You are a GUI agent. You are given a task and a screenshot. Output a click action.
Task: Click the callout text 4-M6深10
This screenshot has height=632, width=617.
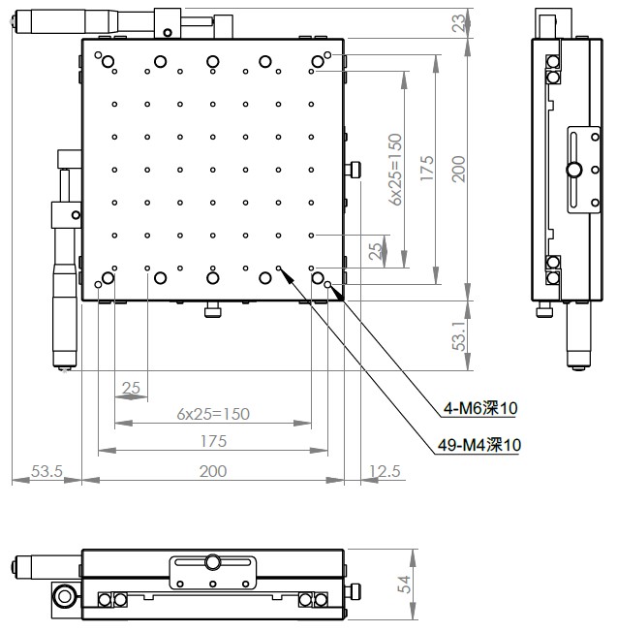coord(480,408)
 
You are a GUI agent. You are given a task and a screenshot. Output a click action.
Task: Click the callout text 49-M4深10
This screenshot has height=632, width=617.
coord(479,445)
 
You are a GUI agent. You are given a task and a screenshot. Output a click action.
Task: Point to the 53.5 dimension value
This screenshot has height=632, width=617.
coord(47,471)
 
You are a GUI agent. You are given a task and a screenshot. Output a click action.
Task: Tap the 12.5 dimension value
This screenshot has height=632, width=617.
coord(386,471)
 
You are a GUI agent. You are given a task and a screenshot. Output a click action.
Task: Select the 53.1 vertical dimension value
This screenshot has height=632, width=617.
coord(459,335)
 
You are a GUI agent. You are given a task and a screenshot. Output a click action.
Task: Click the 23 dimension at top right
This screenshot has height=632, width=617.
coord(459,23)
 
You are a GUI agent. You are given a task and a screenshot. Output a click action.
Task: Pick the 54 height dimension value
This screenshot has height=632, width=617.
coord(404,585)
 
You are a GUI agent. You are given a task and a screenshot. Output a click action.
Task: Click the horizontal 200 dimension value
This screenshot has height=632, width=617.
coord(213,471)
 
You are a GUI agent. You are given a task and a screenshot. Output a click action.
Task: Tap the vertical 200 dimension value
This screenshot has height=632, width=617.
coord(459,169)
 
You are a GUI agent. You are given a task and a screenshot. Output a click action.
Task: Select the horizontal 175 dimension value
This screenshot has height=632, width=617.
coord(213,441)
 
